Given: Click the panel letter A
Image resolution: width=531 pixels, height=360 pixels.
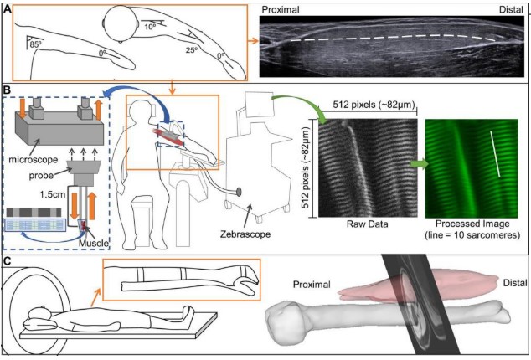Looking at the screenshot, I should point(8,8).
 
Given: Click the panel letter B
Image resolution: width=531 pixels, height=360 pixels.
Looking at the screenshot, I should point(8,87).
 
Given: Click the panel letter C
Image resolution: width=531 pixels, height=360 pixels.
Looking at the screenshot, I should point(8,260).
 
